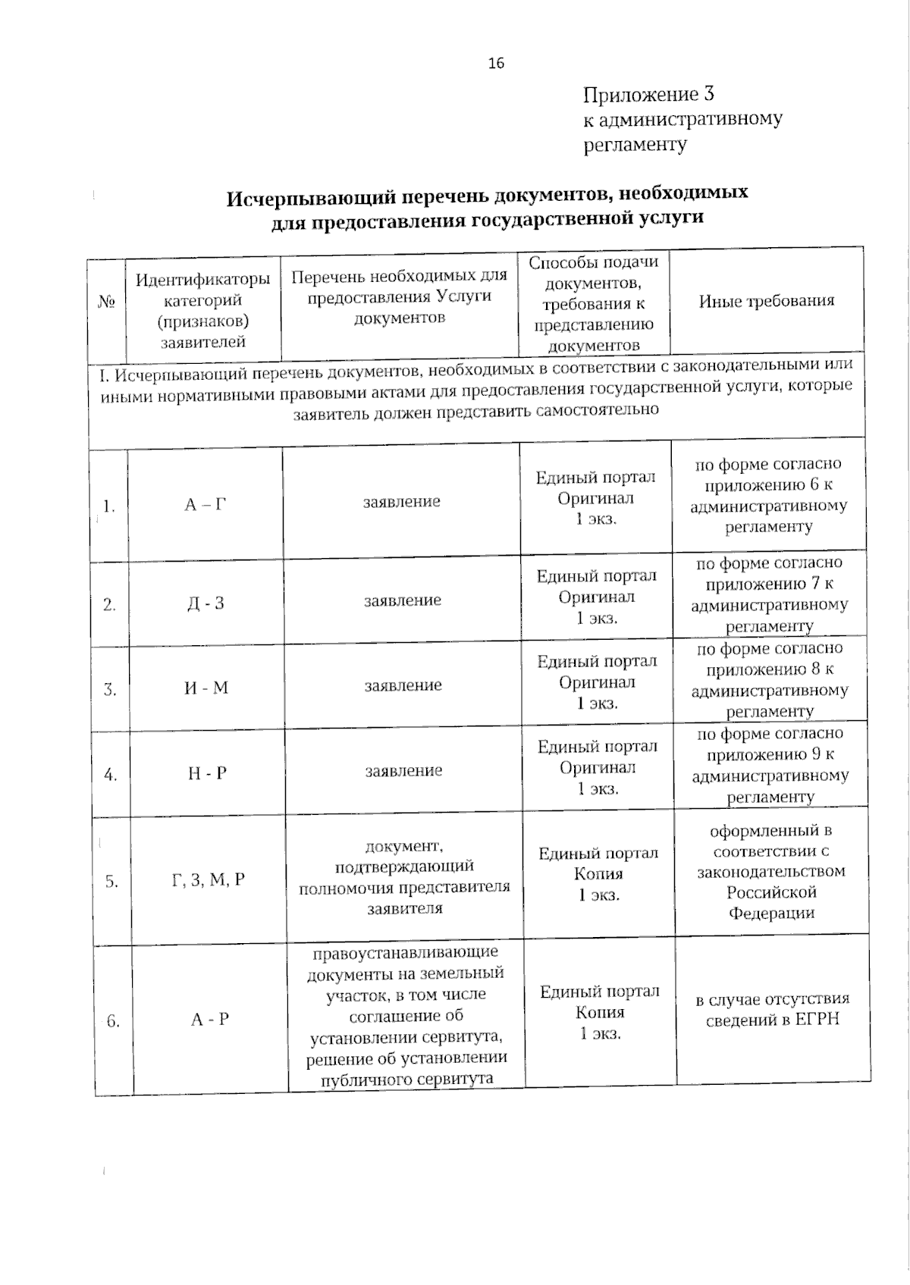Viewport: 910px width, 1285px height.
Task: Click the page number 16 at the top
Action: [x=496, y=63]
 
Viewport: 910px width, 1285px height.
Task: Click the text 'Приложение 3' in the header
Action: [x=648, y=95]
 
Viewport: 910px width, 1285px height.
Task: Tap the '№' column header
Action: [x=106, y=302]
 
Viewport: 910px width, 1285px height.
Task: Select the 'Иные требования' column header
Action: [x=766, y=301]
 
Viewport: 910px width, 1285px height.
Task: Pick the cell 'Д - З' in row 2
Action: [x=206, y=603]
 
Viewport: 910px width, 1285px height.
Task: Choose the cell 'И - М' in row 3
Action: [x=206, y=688]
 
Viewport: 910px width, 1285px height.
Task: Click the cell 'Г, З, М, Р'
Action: [x=209, y=880]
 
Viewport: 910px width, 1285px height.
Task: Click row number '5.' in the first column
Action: [x=111, y=882]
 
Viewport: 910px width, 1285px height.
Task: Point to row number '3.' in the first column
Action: [x=110, y=690]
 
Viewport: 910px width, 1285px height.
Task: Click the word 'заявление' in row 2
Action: [x=403, y=600]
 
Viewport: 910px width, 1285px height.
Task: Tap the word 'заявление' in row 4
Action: [x=403, y=771]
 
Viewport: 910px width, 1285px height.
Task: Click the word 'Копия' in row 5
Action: [x=598, y=874]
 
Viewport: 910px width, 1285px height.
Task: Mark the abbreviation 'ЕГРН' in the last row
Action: [x=817, y=1020]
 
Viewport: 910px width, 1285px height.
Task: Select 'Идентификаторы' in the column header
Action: [x=202, y=280]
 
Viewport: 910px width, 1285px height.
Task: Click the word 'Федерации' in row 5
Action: [x=771, y=914]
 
